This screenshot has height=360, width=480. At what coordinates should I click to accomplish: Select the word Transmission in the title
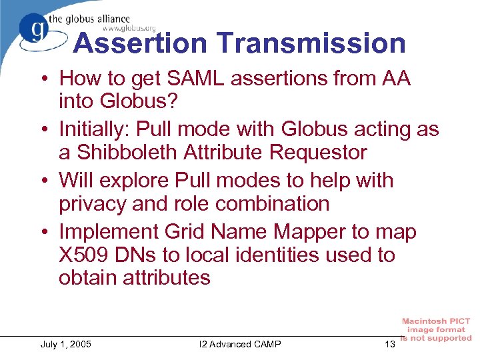[x=311, y=43]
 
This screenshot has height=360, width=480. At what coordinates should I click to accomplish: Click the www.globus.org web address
[x=129, y=28]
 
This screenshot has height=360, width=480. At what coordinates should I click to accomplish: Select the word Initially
[x=99, y=129]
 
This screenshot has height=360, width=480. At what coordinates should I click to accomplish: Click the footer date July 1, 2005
[x=66, y=344]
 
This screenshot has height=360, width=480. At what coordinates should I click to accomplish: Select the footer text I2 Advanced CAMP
[x=240, y=344]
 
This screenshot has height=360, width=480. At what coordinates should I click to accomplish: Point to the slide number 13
[x=390, y=344]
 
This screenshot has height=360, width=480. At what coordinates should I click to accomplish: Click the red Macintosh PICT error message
[x=436, y=330]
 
